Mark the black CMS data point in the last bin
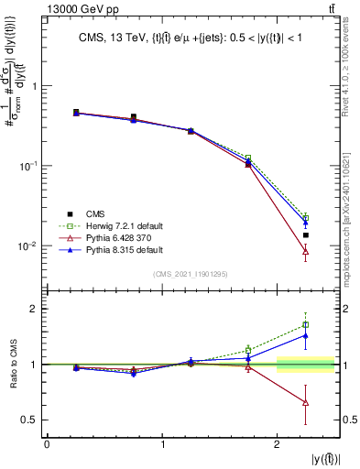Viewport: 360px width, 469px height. point(306,235)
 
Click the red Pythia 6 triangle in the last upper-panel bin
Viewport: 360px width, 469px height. point(306,251)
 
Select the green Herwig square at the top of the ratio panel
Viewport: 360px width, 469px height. point(306,324)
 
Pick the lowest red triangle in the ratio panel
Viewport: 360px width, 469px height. point(306,403)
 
